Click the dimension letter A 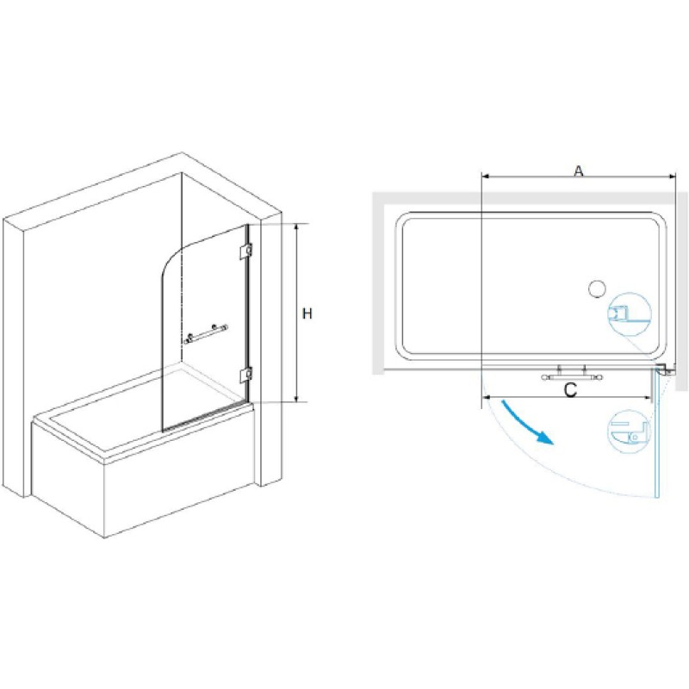click(x=579, y=171)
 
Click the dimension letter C click(x=570, y=390)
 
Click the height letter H click(x=307, y=313)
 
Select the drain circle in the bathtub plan click(x=597, y=289)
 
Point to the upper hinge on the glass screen click(x=246, y=251)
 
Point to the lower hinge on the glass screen click(x=246, y=375)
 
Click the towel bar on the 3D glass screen click(x=206, y=333)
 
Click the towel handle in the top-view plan click(x=572, y=375)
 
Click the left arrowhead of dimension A click(x=486, y=177)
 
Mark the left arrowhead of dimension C click(x=486, y=398)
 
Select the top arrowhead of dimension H click(x=297, y=227)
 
